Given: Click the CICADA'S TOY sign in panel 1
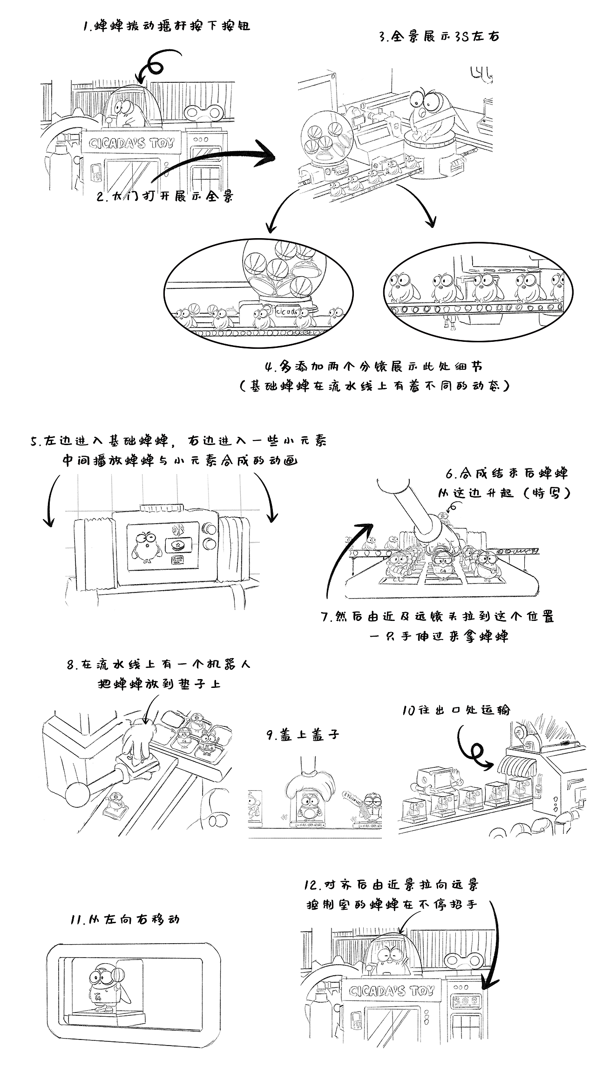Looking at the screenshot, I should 131,143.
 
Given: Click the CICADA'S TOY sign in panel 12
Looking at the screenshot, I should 392,991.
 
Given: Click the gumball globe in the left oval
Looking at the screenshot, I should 278,270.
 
